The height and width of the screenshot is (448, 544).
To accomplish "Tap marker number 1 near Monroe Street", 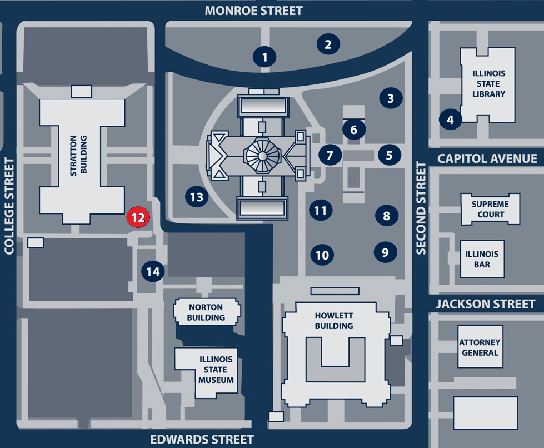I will point(264,57).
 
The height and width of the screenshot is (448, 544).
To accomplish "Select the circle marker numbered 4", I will point(450,119).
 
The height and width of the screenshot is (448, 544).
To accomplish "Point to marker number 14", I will point(153,272).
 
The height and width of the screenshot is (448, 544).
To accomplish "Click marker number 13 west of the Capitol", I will point(197,196).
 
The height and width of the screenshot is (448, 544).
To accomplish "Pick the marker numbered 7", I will point(330,155).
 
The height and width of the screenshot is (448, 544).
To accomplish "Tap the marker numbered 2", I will point(328,44).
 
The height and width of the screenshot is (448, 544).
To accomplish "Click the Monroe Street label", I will point(254,11).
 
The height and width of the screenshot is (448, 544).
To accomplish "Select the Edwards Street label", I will point(202,439).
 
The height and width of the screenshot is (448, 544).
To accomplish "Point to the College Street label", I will point(9,206).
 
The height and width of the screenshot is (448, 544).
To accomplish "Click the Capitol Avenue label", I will point(487,158).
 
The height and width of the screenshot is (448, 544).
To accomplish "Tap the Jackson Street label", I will point(485,304).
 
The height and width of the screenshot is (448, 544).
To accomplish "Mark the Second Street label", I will point(421,208).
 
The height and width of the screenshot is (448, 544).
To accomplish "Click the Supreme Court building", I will point(491,209).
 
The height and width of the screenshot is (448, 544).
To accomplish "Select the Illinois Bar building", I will point(482,259).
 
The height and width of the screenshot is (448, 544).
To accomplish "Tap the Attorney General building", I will point(480,347).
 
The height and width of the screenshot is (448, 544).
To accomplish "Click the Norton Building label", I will point(206,312).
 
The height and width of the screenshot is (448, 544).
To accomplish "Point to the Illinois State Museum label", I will point(216,370).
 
